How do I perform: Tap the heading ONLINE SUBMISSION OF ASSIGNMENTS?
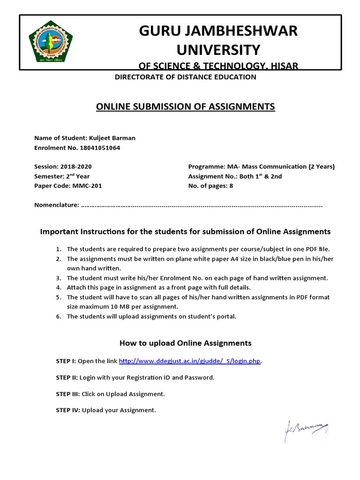coord(185,107)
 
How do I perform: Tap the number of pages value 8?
coord(231,185)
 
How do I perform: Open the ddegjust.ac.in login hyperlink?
coord(189,361)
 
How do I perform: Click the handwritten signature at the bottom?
coord(307,428)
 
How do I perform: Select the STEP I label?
coord(66,361)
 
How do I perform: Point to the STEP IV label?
coord(68,410)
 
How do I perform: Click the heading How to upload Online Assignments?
coord(185,343)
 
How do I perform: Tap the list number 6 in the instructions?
coord(59,316)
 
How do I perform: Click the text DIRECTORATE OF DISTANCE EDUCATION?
coord(185,77)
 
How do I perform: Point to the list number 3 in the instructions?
coord(59,278)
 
